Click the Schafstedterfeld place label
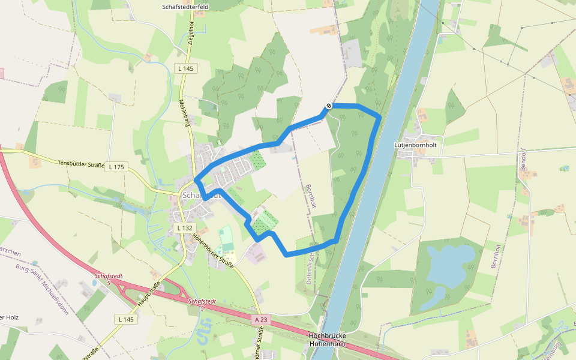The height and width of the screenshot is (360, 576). coord(186,7)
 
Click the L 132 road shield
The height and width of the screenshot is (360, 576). coord(185,228)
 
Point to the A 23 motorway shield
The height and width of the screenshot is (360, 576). coord(260,320)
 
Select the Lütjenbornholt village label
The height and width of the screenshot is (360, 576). coord(415,145)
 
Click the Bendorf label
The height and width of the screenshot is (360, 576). coord(523,161)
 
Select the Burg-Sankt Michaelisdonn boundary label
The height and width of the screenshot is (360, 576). coord(42,289)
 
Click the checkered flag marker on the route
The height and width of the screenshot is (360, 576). coord(329,106)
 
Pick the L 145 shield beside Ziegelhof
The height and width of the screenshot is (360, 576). coord(186,68)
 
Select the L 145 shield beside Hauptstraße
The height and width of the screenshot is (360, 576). coord(127,319)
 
